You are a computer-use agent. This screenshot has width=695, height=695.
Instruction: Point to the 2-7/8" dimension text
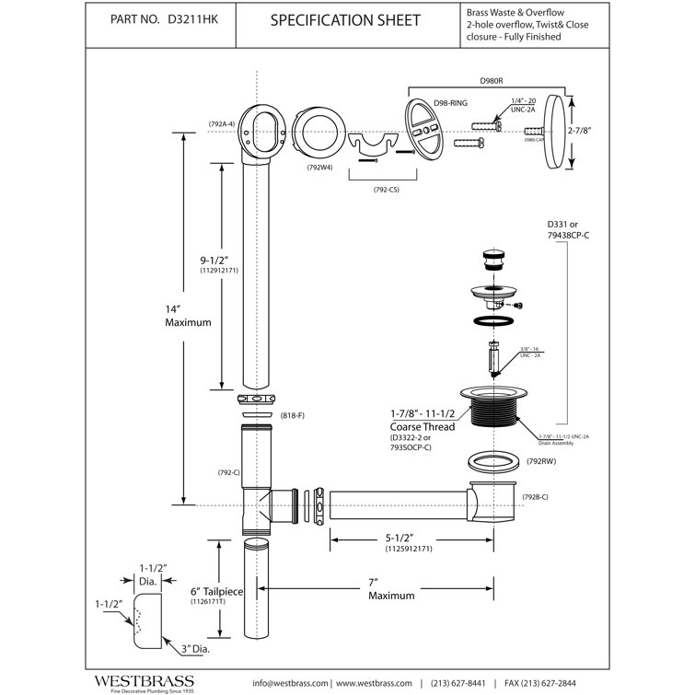coord(579,132)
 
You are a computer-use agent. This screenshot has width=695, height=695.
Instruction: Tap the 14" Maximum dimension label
coord(189,317)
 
